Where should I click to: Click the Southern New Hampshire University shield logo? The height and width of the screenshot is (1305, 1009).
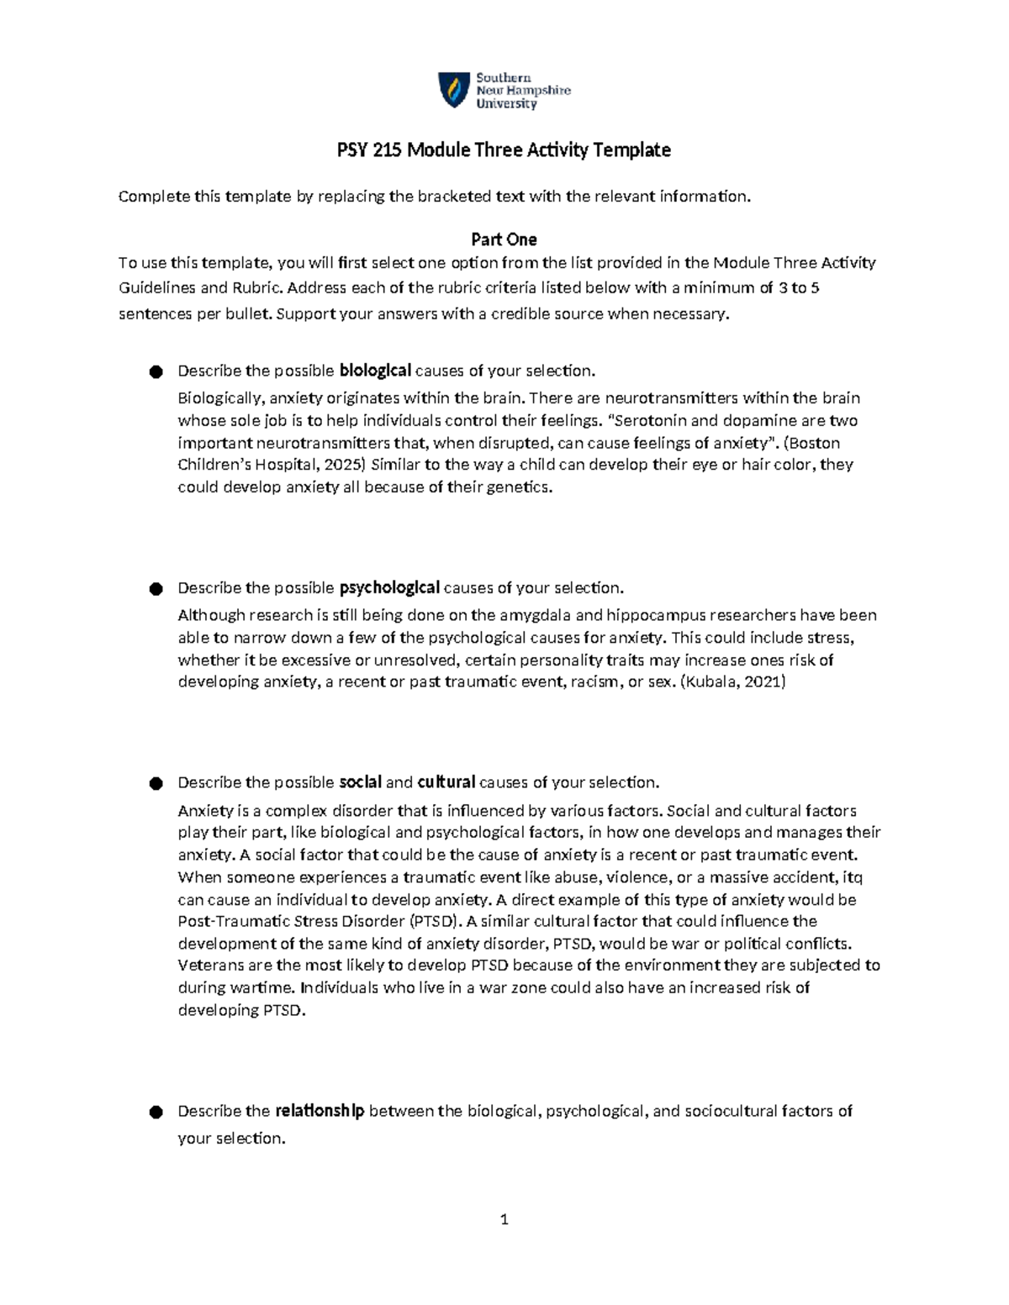[x=454, y=90]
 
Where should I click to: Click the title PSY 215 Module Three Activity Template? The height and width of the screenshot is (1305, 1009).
[x=504, y=150]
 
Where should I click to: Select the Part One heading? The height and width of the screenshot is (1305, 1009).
[x=504, y=239]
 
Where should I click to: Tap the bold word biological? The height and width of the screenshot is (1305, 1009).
[x=375, y=371]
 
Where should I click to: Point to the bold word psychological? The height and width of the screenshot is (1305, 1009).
[x=389, y=587]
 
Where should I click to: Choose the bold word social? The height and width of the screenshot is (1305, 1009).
[x=360, y=782]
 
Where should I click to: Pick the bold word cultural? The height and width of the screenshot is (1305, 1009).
[x=446, y=782]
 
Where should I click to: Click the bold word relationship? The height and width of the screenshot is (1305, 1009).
[x=320, y=1111]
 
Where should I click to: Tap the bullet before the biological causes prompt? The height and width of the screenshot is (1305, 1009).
[x=156, y=371]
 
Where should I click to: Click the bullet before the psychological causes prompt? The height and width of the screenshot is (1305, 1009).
[x=156, y=588]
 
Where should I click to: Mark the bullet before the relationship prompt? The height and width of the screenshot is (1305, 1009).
[x=156, y=1112]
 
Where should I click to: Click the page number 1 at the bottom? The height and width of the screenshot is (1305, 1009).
[x=504, y=1219]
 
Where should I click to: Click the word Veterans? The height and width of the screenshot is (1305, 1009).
[x=209, y=966]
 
